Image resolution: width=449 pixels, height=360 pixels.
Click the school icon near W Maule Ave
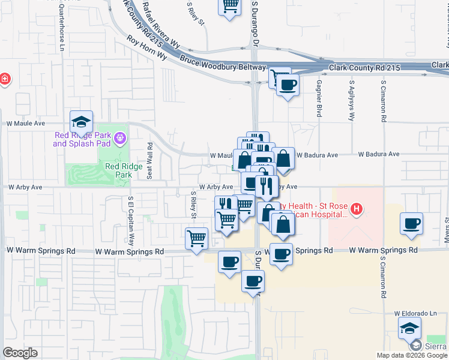(80, 122)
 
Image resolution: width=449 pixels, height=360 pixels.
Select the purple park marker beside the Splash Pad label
(121, 139)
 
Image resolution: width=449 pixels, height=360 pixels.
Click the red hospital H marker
(357, 209)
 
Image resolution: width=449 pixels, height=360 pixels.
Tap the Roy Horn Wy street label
(146, 47)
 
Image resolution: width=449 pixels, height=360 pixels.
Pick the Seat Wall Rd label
(149, 160)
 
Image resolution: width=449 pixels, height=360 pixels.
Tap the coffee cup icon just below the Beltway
(288, 85)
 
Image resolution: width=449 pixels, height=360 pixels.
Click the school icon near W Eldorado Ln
(409, 328)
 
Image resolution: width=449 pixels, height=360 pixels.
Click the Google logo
(20, 353)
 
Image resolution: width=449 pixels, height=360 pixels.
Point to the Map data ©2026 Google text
(412, 355)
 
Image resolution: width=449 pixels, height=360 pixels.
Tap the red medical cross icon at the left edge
(4, 79)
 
